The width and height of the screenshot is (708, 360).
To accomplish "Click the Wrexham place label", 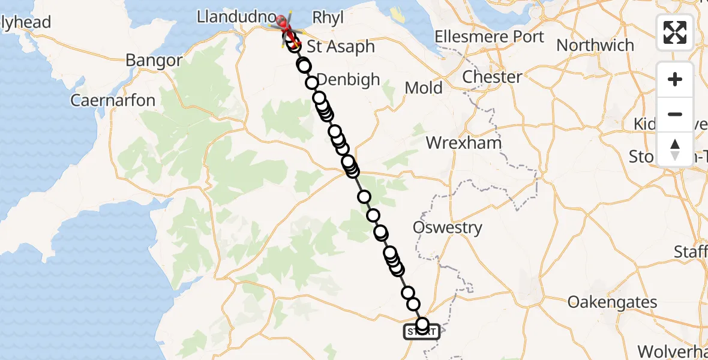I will coord(463,143).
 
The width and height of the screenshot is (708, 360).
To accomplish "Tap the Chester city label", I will coord(492,77).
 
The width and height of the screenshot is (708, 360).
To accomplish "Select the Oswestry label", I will coord(448,227).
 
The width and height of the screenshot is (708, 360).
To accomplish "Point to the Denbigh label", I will coord(349,79).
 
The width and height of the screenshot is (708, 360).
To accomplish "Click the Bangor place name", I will coord(154,61).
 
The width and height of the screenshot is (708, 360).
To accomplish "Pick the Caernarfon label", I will coord(113,100).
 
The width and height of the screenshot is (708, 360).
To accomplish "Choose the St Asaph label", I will coord(341,46).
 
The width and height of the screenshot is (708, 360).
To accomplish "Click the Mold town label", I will coord(424,88).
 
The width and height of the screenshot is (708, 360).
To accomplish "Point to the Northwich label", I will coord(595,45).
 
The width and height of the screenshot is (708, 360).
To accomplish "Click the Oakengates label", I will coord(612,302).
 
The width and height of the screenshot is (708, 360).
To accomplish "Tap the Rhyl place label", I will coord(329,18).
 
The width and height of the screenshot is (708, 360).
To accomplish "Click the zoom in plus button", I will coord(675,79).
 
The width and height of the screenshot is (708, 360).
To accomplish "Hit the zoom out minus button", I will coord(675,114).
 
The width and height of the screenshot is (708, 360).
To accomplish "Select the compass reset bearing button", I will coord(675,149).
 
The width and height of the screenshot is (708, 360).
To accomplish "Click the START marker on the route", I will coord(422,331).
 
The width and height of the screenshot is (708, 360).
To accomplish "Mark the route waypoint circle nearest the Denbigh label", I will coord(311,83).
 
